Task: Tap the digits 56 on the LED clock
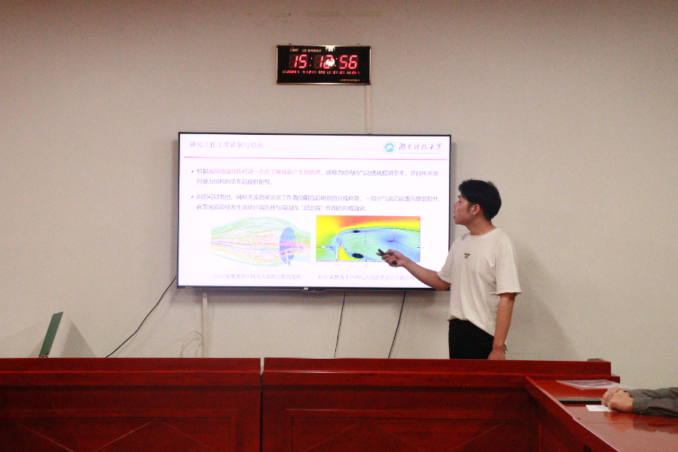pos(349,62)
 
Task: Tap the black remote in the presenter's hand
pos(386,255)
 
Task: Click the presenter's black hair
pos(483,194)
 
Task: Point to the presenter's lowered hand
pos(497,352)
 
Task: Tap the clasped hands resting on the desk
pos(618,399)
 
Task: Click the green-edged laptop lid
pos(50,334)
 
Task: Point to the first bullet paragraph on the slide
pos(313,176)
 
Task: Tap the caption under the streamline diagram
pos(257,276)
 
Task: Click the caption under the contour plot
pos(366,276)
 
